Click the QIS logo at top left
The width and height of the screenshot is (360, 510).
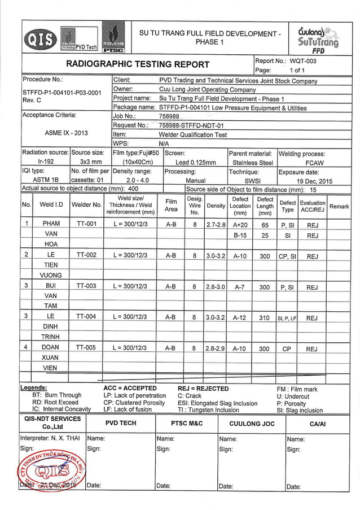pos(40,39)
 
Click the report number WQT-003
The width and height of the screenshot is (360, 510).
pos(303,61)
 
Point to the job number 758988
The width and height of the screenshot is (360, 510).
pos(169,116)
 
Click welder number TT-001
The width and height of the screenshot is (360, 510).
pos(86,224)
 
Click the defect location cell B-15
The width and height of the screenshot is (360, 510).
pos(240,235)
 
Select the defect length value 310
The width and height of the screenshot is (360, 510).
pos(264,317)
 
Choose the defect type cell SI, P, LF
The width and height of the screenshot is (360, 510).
pos(287,318)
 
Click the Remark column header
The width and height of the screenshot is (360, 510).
pos(339,206)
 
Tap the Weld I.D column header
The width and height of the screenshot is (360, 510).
pos(51,206)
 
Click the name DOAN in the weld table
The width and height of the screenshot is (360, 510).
pos(51,348)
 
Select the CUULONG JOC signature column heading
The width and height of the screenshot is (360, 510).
pos(252,423)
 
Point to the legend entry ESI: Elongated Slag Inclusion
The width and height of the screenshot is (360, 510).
pos(217,403)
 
